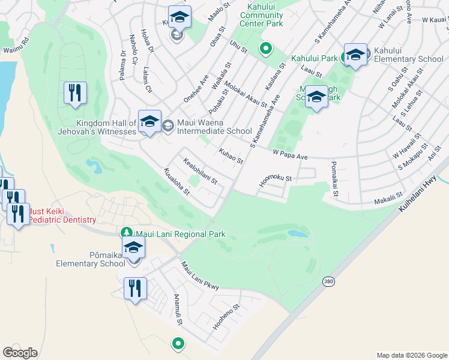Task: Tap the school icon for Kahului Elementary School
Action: pyautogui.click(x=355, y=55)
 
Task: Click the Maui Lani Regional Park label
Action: pyautogui.click(x=172, y=233)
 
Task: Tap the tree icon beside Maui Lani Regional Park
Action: pyautogui.click(x=127, y=233)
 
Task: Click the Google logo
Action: pyautogui.click(x=20, y=353)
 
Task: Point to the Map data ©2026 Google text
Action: pyautogui.click(x=411, y=355)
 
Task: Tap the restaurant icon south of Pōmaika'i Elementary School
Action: pyautogui.click(x=135, y=289)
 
